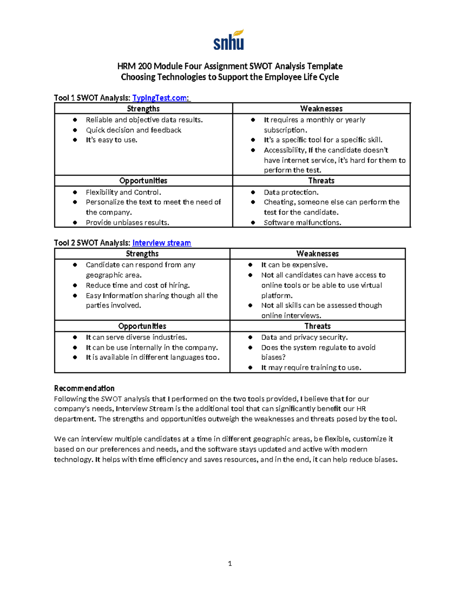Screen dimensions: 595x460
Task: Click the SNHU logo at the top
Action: tap(228, 40)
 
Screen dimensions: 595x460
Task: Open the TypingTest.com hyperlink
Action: tap(160, 98)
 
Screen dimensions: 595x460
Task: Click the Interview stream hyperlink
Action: tap(161, 243)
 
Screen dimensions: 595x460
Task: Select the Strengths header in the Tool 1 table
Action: tap(143, 109)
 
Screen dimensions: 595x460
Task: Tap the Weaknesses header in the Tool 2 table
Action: tap(317, 254)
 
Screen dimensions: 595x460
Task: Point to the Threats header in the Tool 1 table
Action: tap(321, 181)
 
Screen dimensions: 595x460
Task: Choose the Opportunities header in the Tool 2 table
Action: tap(142, 326)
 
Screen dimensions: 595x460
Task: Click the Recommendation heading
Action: tap(84, 388)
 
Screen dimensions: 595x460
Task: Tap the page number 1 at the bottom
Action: tap(230, 564)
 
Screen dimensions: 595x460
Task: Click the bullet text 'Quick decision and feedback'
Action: tap(133, 130)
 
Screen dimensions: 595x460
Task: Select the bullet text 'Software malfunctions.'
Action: tap(302, 223)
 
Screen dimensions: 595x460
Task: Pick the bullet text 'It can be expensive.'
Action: tap(294, 265)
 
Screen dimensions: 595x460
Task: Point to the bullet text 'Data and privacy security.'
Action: tap(304, 337)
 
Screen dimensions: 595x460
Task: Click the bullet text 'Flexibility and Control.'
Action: tap(123, 192)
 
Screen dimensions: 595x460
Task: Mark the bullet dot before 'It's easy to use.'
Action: tap(75, 140)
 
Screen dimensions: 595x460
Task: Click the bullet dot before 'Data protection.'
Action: tap(253, 192)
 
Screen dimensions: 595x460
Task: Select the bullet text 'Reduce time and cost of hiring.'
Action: tap(138, 285)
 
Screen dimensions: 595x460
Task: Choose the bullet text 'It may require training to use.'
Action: tap(311, 368)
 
